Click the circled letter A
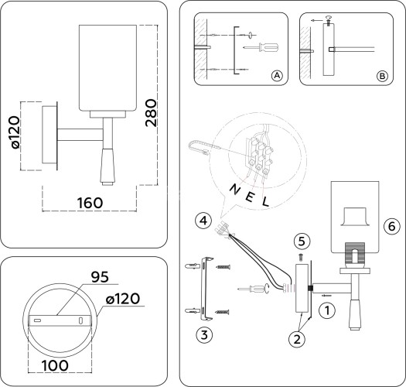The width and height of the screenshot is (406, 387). tap(276, 75)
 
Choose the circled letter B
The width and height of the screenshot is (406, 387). tap(381, 75)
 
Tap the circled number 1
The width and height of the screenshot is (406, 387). tap(328, 310)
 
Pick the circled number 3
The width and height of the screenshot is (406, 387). tap(203, 334)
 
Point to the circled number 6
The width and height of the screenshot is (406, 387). tap(391, 227)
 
